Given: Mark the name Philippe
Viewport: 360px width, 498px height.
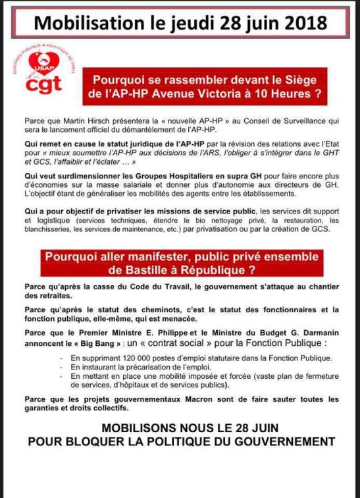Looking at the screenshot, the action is (x=176, y=333).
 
